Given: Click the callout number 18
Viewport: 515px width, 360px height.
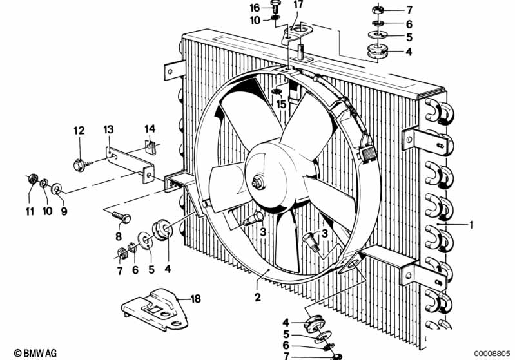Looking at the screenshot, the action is [x=195, y=299].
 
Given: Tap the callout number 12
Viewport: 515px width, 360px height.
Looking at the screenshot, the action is [x=79, y=131].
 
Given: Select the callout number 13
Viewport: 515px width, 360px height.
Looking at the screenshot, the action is [x=108, y=129].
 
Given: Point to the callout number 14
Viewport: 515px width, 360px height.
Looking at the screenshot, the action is [x=150, y=129].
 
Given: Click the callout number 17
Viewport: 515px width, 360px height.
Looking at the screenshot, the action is [x=298, y=5].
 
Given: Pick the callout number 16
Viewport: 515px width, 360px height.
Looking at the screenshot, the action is [x=255, y=8].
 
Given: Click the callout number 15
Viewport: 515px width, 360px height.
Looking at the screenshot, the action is [x=281, y=105].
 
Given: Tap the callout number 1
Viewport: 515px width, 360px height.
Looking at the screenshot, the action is [x=471, y=225].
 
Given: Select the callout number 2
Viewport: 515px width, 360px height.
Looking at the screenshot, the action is [x=258, y=298].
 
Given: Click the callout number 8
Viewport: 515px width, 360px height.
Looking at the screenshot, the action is [x=119, y=236].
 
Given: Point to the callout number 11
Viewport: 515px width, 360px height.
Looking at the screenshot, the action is [x=30, y=212].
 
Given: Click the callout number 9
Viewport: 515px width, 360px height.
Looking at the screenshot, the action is [x=64, y=211].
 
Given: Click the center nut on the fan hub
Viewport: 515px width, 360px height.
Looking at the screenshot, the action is [x=257, y=183].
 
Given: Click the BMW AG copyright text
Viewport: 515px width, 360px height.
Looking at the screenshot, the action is [x=35, y=353].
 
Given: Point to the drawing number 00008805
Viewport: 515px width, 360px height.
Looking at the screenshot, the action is [x=492, y=354].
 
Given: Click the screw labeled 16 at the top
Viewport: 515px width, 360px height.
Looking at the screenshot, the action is [x=275, y=6].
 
